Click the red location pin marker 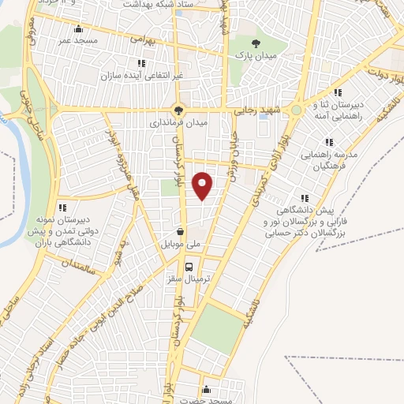[x=203, y=185]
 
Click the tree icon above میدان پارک [x=253, y=44]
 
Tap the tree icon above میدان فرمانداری [x=178, y=111]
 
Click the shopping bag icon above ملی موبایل [x=182, y=233]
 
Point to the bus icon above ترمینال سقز [x=189, y=267]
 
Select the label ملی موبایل [x=182, y=245]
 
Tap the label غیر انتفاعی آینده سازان [x=141, y=76]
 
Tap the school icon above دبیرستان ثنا [x=338, y=92]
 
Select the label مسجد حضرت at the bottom [x=207, y=400]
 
